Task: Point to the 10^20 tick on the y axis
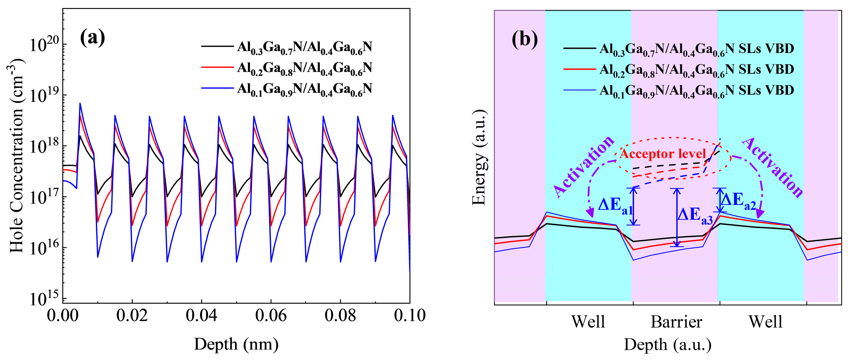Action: (x=44, y=44)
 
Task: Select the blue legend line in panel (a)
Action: (x=217, y=88)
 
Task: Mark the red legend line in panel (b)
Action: (x=580, y=69)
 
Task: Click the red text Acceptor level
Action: (x=663, y=154)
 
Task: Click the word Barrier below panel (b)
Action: (x=676, y=322)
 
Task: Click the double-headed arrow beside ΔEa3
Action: (x=677, y=218)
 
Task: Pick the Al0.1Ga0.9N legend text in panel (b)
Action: (x=696, y=90)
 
